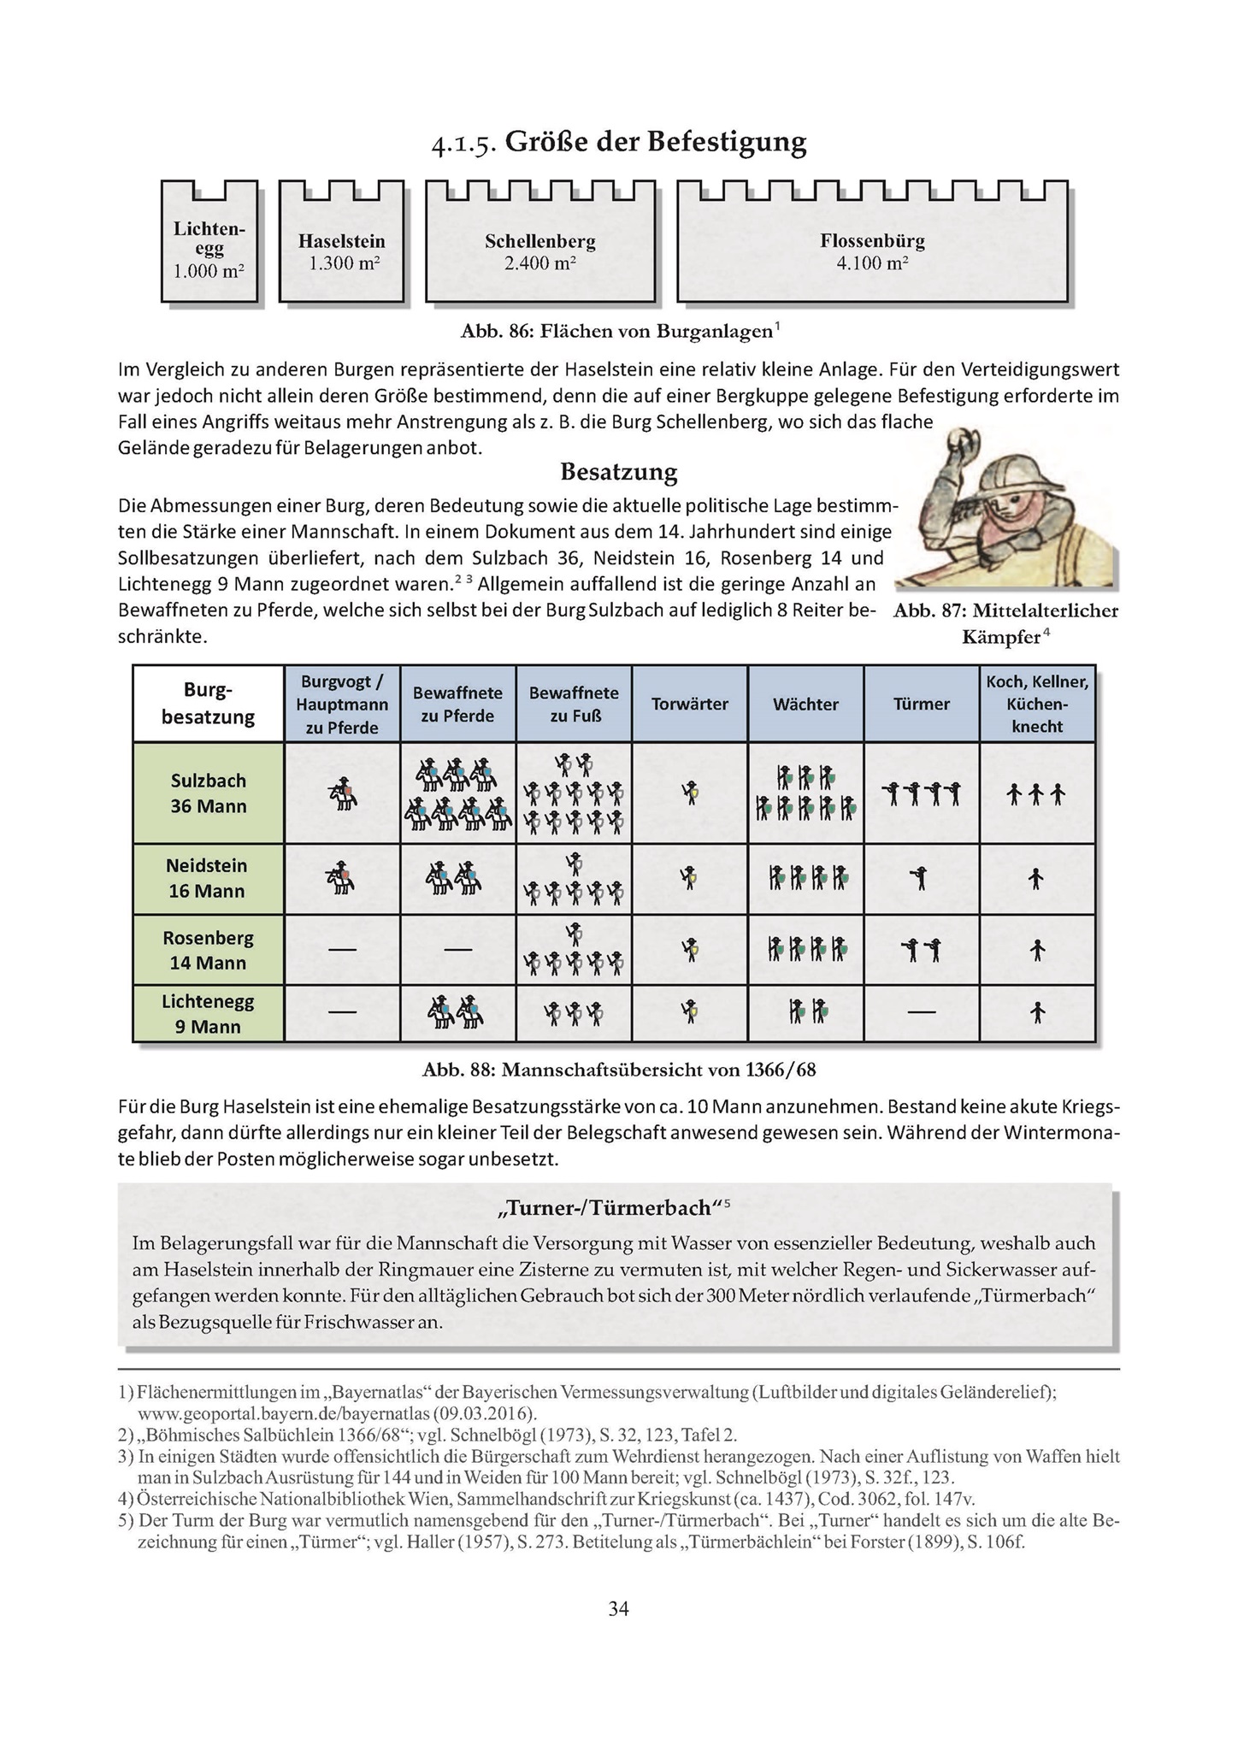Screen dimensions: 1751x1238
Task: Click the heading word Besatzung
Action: click(619, 472)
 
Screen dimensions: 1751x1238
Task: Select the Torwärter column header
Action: click(690, 705)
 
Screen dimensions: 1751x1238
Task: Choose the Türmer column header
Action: click(922, 705)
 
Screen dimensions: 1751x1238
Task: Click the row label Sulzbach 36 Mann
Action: click(209, 793)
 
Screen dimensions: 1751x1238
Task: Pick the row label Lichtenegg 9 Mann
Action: click(209, 1014)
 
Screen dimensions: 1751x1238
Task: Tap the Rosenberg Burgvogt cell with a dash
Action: click(342, 950)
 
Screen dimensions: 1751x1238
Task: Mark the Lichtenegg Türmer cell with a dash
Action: click(922, 1013)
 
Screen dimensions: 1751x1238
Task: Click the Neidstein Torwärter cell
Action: click(690, 879)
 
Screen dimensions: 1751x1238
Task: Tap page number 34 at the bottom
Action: click(618, 1609)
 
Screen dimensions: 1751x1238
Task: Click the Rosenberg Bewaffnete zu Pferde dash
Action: click(458, 950)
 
